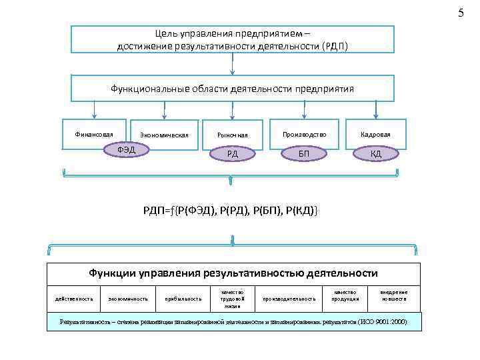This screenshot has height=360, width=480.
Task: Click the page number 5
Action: click(459, 13)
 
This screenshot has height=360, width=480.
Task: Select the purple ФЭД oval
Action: click(126, 149)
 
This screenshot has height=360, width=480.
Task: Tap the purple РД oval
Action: click(232, 154)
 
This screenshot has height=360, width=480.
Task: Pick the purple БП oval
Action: click(304, 154)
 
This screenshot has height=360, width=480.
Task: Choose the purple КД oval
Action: click(376, 154)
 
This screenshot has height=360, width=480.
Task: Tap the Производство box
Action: click(304, 134)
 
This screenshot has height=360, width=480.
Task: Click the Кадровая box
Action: click(376, 134)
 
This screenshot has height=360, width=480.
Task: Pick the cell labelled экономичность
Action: click(128, 299)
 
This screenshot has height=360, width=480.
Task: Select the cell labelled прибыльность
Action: click(183, 299)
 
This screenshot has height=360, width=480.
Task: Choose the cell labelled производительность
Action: click(289, 299)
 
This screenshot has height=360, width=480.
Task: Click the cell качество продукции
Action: click(346, 295)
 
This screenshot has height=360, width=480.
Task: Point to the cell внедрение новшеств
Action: click(394, 295)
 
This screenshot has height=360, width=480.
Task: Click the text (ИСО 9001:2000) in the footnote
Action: click(381, 322)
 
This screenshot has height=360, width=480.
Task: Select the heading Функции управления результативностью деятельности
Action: click(234, 273)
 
